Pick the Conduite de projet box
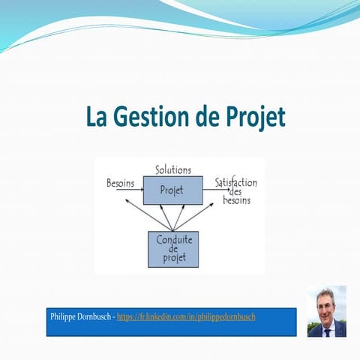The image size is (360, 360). click(173, 250)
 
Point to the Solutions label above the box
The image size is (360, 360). click(172, 170)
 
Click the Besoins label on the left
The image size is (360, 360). click(121, 182)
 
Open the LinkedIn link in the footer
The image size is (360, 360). click(186, 316)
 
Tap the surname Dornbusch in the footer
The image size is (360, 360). click(97, 316)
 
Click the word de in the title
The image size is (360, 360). click(202, 118)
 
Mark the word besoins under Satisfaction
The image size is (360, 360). click(236, 201)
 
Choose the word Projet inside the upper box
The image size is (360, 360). click(172, 190)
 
